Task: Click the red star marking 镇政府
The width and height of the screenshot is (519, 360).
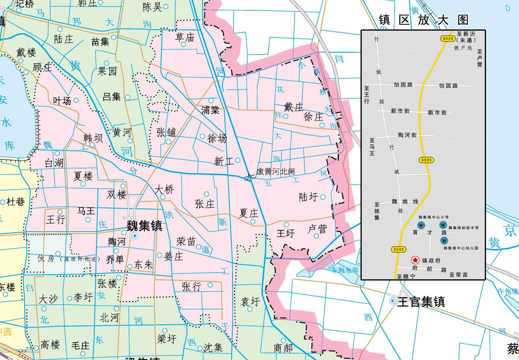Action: [x=415, y=260]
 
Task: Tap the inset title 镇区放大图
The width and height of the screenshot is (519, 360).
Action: [x=423, y=20]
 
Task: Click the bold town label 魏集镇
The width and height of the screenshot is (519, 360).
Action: [x=144, y=226]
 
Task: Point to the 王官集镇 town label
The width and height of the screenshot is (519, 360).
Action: [x=421, y=302]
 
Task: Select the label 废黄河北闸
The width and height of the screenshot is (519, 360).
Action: [x=275, y=171]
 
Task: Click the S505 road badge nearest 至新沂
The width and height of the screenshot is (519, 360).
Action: [x=448, y=39]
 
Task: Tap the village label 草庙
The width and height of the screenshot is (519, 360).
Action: [x=185, y=37]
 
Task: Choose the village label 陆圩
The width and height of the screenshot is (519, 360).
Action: [x=308, y=197]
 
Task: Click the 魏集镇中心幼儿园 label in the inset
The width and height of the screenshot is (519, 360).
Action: [x=461, y=248]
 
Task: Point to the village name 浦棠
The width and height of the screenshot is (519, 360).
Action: [x=210, y=110]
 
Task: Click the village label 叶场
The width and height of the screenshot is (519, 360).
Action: [x=62, y=101]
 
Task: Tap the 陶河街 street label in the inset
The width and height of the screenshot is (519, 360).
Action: [x=407, y=135]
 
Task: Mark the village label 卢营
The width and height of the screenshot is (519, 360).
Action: [x=317, y=229]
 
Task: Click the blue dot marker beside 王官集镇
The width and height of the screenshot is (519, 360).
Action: [x=392, y=301]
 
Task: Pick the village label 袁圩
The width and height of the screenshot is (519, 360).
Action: [x=250, y=301]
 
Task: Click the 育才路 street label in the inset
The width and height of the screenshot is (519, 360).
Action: [x=429, y=233]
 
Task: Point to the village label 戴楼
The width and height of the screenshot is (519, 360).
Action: [x=26, y=53]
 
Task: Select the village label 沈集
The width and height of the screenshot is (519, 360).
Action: [x=213, y=348]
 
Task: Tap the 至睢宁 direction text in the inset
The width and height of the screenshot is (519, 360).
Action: [x=406, y=276]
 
